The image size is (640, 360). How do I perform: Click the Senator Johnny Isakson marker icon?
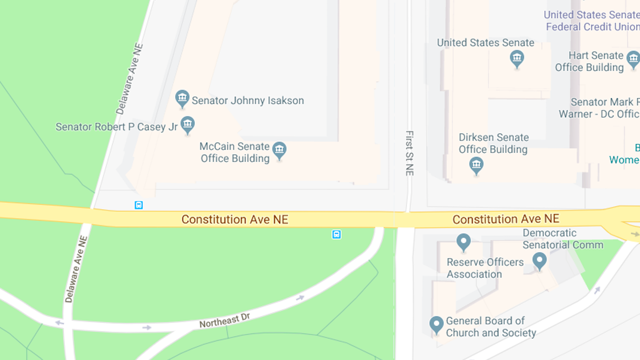point(182,98)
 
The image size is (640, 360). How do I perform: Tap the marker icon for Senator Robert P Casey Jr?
point(187,125)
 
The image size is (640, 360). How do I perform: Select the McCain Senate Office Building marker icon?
point(279,150)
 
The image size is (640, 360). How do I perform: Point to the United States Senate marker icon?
point(517,59)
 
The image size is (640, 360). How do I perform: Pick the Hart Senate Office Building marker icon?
point(633,59)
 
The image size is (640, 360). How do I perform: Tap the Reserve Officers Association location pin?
point(463,242)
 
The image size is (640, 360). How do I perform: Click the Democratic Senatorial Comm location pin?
point(539,260)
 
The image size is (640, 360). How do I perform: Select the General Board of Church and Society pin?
point(436,324)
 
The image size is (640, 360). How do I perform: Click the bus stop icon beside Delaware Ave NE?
point(139,205)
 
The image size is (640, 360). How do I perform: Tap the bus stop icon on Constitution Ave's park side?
point(336,234)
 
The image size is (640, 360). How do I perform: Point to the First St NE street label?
point(409,153)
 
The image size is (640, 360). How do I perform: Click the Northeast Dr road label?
point(224,321)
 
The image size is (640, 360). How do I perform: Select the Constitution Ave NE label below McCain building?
point(235,219)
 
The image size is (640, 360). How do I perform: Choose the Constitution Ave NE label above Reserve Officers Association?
point(506,219)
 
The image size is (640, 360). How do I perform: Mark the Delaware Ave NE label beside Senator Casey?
point(129,79)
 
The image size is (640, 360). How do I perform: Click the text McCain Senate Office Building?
point(235,152)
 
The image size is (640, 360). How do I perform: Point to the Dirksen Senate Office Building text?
point(493,143)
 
